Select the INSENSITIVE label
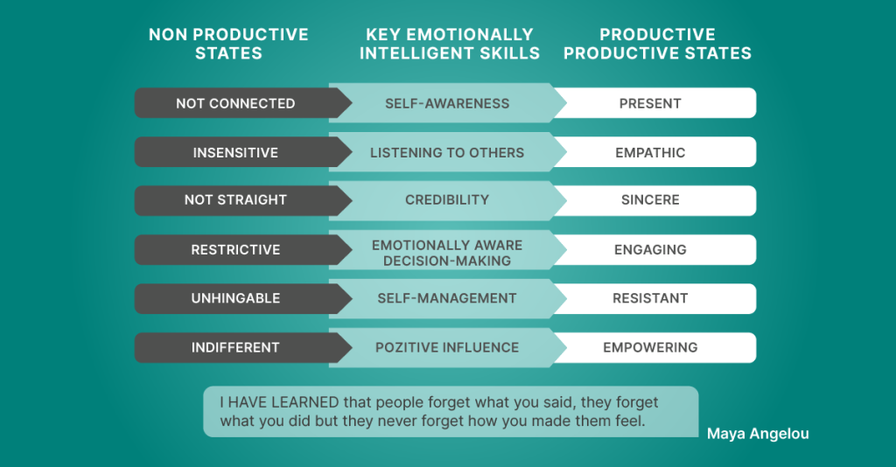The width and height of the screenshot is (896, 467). click(x=235, y=152)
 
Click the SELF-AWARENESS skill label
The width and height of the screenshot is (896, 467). click(x=447, y=103)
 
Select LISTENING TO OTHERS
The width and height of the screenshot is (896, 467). click(x=447, y=152)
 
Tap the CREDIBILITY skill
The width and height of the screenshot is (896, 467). click(x=447, y=199)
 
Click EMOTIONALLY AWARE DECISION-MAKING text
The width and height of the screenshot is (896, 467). click(x=447, y=253)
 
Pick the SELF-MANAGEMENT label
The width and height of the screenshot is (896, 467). click(x=447, y=298)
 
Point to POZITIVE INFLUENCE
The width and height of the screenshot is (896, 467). click(x=447, y=347)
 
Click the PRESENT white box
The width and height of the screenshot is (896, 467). click(x=654, y=103)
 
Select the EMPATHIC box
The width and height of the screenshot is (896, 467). click(x=654, y=152)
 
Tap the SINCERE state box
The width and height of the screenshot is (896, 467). click(x=654, y=200)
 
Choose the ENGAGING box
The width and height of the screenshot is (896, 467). click(x=654, y=249)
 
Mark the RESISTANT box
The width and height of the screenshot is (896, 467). click(x=654, y=298)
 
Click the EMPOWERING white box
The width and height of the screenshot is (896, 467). click(x=654, y=348)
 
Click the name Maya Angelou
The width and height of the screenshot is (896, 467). click(x=758, y=434)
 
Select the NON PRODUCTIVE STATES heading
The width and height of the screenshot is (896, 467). click(x=228, y=44)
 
